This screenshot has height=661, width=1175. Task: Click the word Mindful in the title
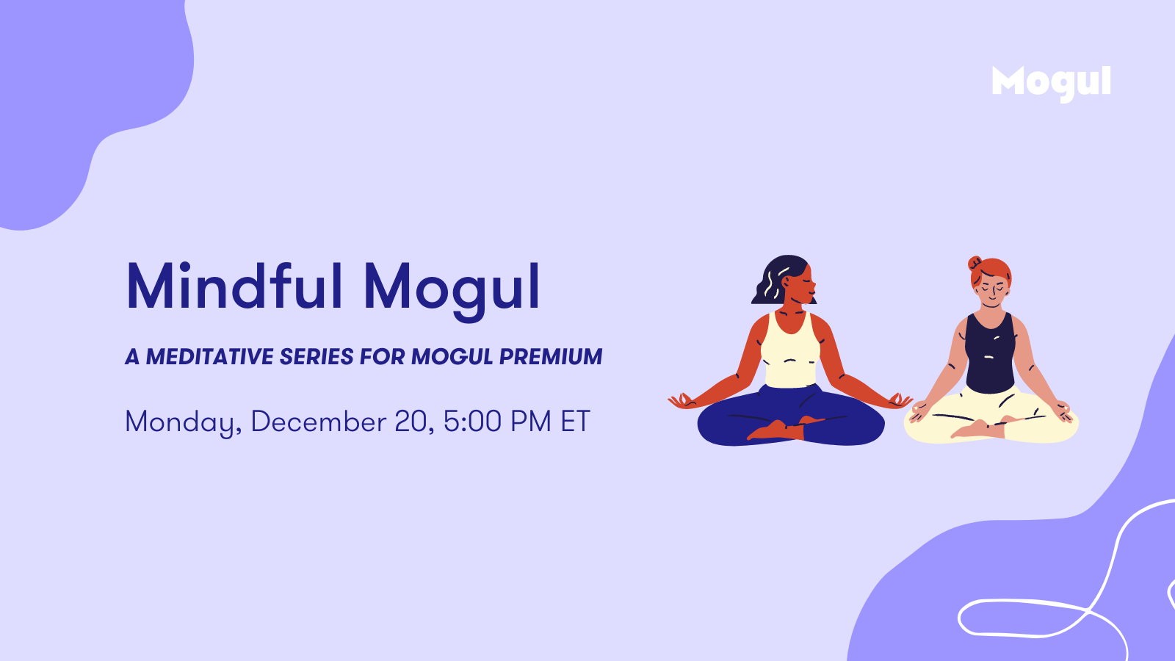(x=234, y=286)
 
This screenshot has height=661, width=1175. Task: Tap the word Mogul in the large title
(x=452, y=290)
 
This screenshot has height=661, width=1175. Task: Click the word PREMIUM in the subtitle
(x=551, y=357)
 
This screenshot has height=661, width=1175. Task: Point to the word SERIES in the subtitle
(x=317, y=357)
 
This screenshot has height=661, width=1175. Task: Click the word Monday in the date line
(x=184, y=422)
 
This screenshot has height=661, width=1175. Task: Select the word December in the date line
(x=319, y=421)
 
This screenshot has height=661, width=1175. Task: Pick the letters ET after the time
(x=576, y=421)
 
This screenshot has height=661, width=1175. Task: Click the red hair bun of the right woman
(x=975, y=262)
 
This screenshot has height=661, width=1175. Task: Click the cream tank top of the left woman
(x=790, y=350)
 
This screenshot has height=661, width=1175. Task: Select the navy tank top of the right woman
(x=990, y=353)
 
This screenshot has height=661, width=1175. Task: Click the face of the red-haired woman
(x=992, y=292)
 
